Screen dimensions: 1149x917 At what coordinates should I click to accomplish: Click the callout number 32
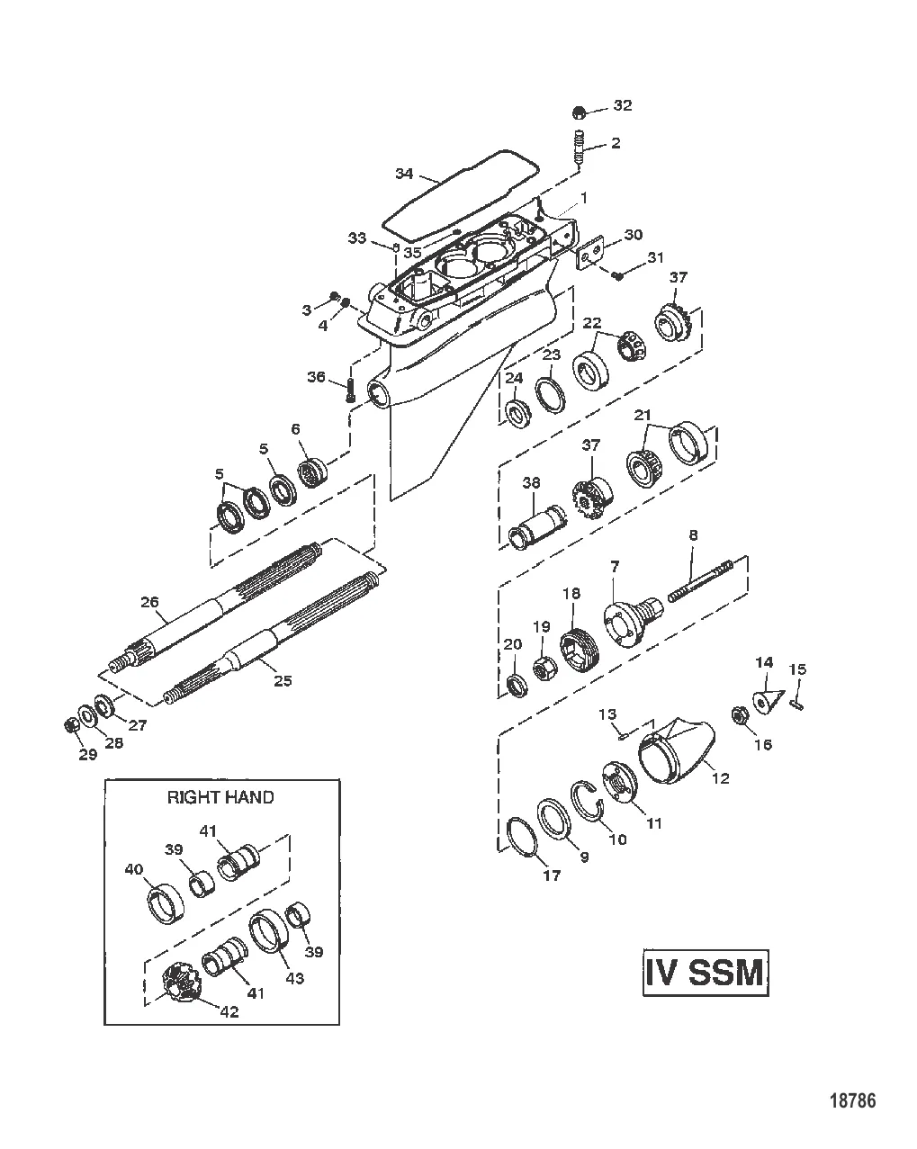click(x=623, y=105)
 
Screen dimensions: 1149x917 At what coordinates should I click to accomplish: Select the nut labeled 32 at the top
click(x=580, y=112)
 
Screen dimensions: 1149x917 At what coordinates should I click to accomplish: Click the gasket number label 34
click(x=404, y=173)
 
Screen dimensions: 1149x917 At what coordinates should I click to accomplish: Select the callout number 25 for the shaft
click(x=283, y=681)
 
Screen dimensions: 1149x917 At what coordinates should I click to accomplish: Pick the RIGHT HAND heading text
click(x=220, y=796)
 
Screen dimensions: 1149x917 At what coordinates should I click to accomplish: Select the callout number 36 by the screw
click(x=317, y=378)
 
